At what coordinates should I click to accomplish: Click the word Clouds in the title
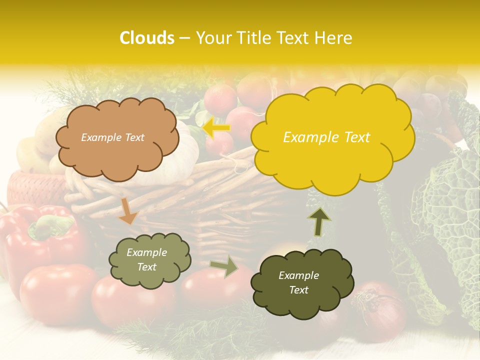click(147, 38)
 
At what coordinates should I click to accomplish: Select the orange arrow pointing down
click(128, 210)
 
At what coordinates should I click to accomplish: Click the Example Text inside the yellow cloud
click(326, 137)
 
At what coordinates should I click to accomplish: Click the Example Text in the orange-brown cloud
click(112, 137)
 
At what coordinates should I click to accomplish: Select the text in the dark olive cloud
click(298, 282)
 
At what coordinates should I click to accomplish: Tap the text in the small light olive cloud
click(147, 259)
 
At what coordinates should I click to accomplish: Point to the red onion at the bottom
click(380, 310)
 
